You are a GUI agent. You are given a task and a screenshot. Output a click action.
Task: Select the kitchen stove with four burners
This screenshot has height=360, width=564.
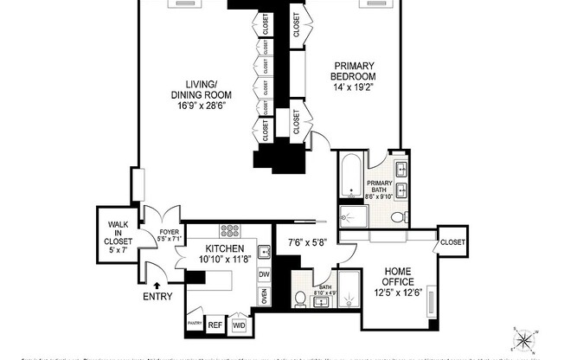(231, 231)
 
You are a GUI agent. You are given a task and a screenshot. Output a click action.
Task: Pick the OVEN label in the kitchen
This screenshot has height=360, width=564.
(265, 296)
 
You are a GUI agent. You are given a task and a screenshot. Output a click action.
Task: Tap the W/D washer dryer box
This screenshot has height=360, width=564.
(239, 326)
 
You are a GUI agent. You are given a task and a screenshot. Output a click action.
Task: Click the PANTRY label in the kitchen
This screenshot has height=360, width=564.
(193, 325)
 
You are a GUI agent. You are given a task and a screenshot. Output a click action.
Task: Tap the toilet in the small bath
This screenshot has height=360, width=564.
(300, 300)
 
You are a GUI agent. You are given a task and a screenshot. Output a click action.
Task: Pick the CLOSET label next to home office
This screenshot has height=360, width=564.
(452, 241)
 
